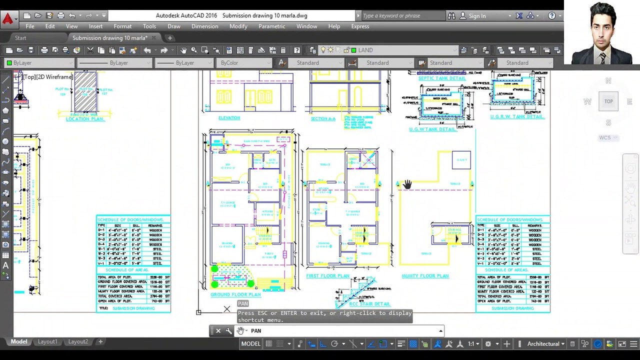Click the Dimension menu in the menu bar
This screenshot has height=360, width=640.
204,26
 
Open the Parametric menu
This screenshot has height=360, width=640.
271,26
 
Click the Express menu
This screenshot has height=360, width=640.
360,26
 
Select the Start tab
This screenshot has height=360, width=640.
20,38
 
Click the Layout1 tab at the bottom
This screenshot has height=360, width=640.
47,341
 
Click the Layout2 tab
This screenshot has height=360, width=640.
78,341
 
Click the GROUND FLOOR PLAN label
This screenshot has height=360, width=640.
235,294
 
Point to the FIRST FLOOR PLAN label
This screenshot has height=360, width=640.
327,276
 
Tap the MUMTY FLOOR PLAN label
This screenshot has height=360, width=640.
425,276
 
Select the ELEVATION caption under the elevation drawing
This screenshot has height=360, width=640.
229,118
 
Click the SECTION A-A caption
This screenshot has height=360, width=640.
323,119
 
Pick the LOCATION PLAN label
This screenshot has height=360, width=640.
85,119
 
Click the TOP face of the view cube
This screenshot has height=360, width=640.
608,101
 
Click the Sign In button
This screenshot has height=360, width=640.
476,16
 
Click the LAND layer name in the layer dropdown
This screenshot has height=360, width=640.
365,50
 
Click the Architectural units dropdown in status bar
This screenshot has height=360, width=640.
545,344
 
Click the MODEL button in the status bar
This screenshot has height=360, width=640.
250,344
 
